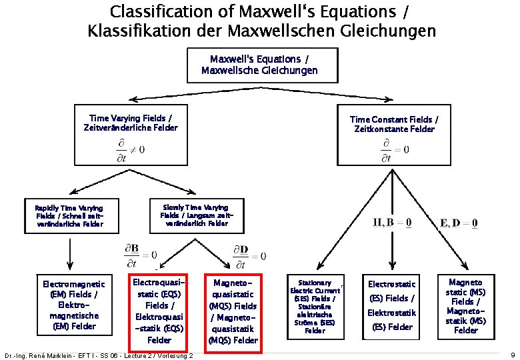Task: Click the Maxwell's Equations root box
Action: [259, 65]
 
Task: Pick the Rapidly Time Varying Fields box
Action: [69, 217]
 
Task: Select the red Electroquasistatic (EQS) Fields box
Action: [159, 311]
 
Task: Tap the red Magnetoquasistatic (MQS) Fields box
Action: [233, 311]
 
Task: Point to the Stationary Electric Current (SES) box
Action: [315, 307]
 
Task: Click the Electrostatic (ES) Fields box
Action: [391, 305]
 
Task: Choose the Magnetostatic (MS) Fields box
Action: [465, 307]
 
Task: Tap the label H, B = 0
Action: [392, 223]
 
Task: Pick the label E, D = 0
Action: [457, 223]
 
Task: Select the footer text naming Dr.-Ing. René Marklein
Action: [98, 355]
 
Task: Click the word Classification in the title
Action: [158, 11]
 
